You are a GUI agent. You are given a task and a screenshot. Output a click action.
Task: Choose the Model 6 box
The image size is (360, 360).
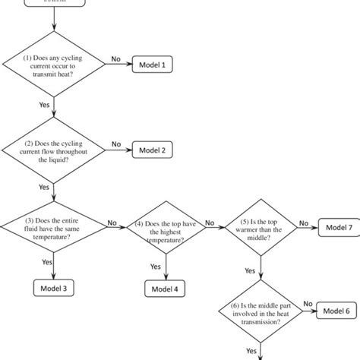[x=336, y=310]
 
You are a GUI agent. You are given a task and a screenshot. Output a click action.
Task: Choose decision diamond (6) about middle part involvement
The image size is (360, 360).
[x=261, y=311]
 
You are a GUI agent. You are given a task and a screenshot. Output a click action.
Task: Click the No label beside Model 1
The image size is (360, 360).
[x=116, y=58]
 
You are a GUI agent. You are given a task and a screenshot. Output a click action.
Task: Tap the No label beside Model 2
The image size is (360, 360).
[x=116, y=144]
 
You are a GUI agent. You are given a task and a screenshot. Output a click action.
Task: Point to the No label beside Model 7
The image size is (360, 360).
[x=304, y=223]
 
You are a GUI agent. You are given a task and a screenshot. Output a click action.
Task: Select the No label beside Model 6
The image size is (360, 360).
[x=308, y=304]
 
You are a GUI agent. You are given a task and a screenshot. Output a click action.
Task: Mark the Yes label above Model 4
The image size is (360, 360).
[x=156, y=267]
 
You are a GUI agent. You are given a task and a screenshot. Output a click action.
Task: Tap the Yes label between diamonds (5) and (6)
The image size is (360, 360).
[x=250, y=270]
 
